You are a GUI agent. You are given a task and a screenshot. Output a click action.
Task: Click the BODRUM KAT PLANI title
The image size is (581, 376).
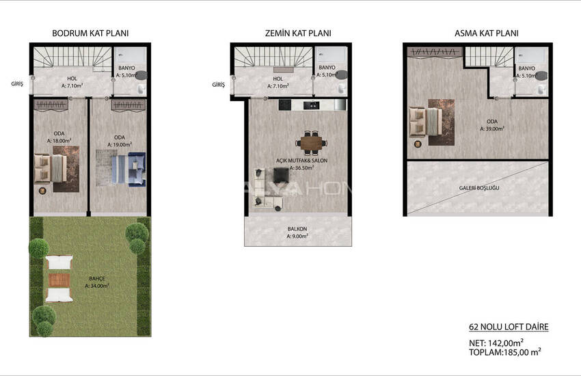[x=90, y=33]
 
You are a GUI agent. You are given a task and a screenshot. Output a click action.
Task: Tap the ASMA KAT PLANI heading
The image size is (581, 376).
[x=487, y=33]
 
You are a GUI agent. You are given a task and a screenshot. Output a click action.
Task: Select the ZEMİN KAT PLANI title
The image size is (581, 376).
[x=298, y=33]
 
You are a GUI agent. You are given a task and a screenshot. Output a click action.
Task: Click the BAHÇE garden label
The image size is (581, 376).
[x=97, y=278]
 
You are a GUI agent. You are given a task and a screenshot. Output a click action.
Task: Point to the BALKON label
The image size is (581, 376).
[x=297, y=229]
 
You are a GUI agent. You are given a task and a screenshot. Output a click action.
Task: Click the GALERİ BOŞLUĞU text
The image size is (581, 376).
[x=478, y=188]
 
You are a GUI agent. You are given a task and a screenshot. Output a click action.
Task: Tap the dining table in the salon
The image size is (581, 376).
[x=311, y=143]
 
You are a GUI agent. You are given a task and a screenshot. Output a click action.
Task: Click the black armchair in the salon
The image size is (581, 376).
[x=281, y=175]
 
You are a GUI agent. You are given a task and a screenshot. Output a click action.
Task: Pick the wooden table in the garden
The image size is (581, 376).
[x=59, y=280]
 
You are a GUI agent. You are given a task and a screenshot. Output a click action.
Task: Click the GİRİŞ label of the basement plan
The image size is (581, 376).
[x=17, y=84]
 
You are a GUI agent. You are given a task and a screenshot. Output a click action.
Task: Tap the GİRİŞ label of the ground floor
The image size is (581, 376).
[x=218, y=85]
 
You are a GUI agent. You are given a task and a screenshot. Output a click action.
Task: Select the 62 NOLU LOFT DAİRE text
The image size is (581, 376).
[x=509, y=327]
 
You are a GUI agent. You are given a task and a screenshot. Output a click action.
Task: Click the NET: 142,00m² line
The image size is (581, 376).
[x=496, y=343]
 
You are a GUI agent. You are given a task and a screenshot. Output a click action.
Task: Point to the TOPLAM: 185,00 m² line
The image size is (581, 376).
[x=504, y=352]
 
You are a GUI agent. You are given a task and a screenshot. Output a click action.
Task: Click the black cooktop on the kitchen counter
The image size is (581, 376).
[x=285, y=105]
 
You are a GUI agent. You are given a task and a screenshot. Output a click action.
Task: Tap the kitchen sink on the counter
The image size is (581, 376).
[x=311, y=105]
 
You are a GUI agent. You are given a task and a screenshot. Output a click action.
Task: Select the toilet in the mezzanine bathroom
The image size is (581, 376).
[x=541, y=90]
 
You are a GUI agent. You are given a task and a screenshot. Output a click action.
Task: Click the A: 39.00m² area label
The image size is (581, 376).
[x=492, y=129]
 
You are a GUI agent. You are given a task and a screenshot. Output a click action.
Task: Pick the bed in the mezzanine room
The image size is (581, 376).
[x=426, y=122]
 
